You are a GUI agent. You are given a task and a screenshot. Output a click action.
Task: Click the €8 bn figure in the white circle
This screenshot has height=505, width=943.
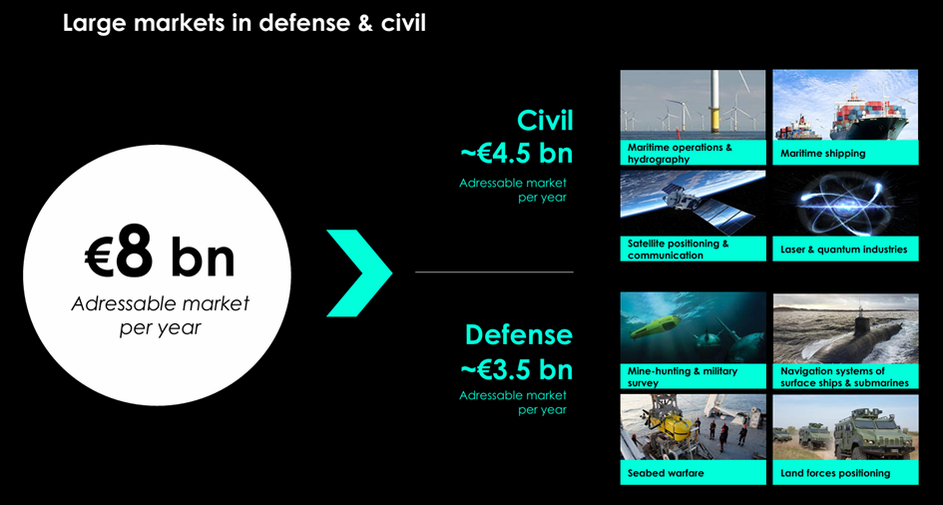[160, 257]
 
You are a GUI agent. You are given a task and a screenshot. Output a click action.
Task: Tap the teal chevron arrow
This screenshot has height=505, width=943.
[359, 272]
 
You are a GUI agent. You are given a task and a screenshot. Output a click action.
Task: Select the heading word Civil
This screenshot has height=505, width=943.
[545, 120]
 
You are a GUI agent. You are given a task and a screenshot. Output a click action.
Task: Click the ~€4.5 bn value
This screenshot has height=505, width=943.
[517, 154]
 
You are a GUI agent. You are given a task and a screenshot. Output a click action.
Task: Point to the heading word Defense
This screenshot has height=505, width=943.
[519, 334]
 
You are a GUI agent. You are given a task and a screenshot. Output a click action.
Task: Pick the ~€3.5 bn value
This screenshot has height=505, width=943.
[517, 369]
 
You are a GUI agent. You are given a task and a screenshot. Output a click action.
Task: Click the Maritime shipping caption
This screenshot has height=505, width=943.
[822, 154]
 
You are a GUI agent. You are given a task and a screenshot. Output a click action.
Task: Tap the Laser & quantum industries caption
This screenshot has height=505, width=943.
[844, 250]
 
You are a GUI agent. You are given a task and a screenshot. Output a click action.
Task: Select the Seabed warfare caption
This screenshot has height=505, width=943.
[666, 473]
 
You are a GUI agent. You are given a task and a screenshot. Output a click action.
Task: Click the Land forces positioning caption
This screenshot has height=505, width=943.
[835, 473]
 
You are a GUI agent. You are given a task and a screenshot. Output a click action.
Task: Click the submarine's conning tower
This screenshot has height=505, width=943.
[860, 316]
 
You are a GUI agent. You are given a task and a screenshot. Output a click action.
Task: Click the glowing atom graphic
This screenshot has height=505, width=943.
[844, 204]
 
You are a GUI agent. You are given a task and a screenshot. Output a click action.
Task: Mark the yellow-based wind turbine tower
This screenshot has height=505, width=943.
[714, 101]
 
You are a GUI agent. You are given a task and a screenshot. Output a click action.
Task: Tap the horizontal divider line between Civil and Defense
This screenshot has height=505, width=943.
[494, 272]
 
